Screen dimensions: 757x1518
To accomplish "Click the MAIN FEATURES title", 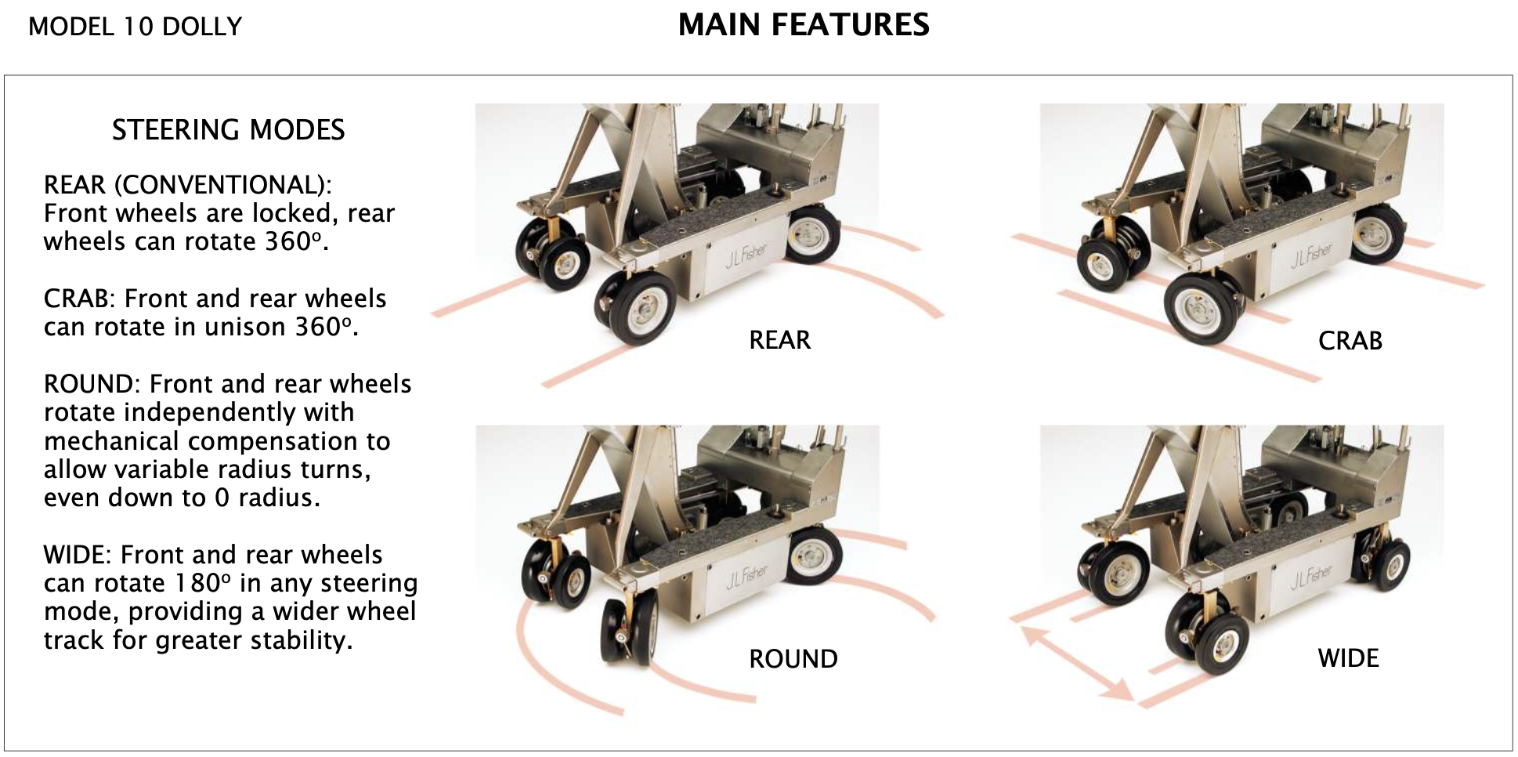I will (804, 25).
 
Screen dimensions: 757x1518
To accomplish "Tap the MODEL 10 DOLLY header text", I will (135, 27).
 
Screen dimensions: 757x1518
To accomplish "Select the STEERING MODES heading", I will (228, 129).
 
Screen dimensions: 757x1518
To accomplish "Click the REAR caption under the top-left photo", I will (779, 340).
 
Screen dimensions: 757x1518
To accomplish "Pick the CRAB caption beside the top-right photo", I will (1350, 341).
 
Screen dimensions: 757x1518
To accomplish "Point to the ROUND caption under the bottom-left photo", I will (793, 659).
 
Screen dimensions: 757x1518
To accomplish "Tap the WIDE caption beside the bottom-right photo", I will (1348, 658).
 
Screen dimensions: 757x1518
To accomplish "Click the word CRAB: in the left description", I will (78, 299).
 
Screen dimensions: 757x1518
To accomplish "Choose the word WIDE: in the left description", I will (78, 555).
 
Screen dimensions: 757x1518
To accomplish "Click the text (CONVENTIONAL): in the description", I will (222, 185).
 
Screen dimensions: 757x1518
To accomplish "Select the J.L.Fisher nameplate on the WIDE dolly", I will (1310, 577).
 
